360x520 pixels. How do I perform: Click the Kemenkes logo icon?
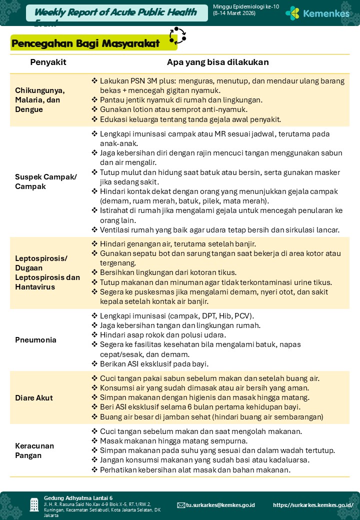(x=292, y=13)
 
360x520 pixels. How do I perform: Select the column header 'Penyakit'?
(x=48, y=62)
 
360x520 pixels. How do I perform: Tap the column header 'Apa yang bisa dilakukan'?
(x=217, y=62)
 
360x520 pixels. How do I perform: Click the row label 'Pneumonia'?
(x=35, y=340)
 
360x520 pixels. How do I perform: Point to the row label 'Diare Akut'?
(x=34, y=398)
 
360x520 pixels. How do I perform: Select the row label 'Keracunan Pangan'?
(x=34, y=450)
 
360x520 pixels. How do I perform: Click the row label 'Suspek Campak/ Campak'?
(x=46, y=181)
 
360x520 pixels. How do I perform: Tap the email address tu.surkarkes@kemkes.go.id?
(x=220, y=505)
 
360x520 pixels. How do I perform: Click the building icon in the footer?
(x=34, y=504)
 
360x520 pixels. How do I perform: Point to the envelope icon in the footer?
(x=181, y=505)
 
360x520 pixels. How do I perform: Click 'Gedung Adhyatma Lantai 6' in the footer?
(x=78, y=498)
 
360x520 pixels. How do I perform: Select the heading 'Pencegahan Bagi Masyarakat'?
(x=85, y=43)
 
